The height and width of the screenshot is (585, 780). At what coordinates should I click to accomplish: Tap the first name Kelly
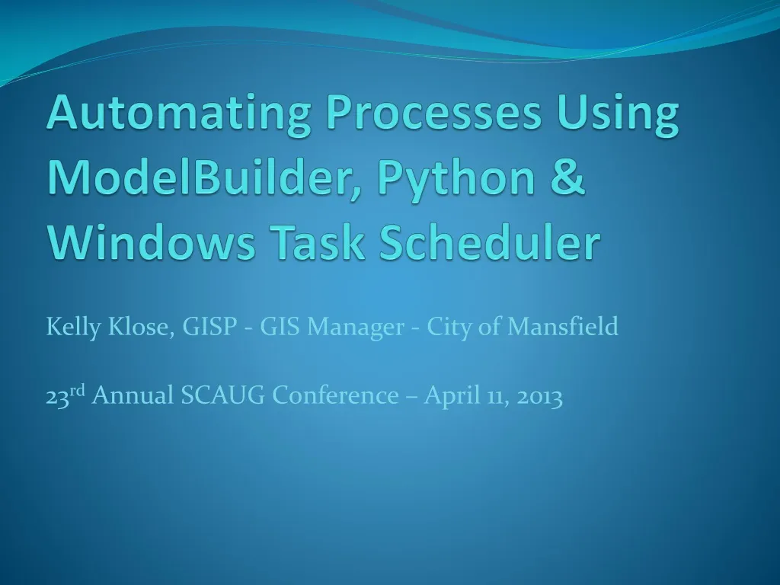pos(73,328)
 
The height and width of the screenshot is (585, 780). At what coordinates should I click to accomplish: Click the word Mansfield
pos(563,328)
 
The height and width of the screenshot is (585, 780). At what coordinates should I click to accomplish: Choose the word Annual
pos(133,395)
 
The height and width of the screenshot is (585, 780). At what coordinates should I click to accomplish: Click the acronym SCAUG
pos(225,395)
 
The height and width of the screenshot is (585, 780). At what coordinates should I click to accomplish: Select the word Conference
pos(336,395)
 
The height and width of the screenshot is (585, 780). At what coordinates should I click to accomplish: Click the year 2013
pos(539,395)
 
